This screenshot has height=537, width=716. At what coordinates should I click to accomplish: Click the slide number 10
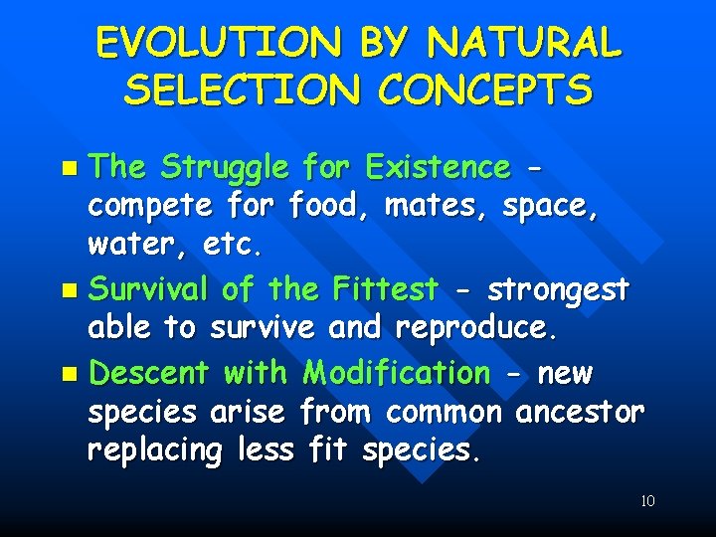tap(647, 501)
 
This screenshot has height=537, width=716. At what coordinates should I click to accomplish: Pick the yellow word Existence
tap(438, 167)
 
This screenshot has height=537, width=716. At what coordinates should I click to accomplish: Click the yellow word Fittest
tap(386, 289)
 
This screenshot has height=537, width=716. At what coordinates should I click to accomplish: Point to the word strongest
tap(558, 290)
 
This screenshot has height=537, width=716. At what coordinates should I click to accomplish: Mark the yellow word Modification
tap(397, 373)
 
